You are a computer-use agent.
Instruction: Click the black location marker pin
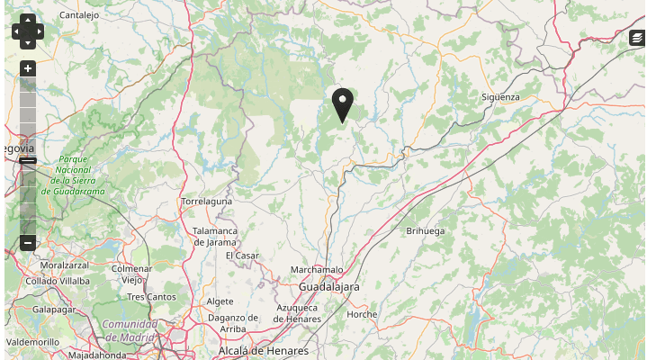(x=342, y=103)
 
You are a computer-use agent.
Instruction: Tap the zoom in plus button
(x=28, y=68)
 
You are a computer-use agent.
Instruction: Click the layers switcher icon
(x=637, y=38)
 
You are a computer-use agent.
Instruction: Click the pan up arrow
(x=28, y=20)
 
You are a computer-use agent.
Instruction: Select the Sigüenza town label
(x=500, y=96)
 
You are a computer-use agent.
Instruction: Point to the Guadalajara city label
(x=328, y=286)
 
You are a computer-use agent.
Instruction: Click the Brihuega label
(x=426, y=231)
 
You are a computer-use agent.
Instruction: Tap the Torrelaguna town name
(x=206, y=202)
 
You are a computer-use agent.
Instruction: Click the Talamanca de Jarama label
(x=214, y=236)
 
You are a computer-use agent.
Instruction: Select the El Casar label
(x=242, y=256)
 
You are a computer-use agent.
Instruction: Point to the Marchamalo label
(x=317, y=270)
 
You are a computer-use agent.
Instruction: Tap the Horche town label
(x=362, y=314)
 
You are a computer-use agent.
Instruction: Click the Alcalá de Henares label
(x=263, y=350)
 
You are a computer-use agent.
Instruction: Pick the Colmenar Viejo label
(x=131, y=274)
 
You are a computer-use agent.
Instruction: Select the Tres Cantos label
(x=151, y=296)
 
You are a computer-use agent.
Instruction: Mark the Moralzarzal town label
(x=65, y=265)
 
